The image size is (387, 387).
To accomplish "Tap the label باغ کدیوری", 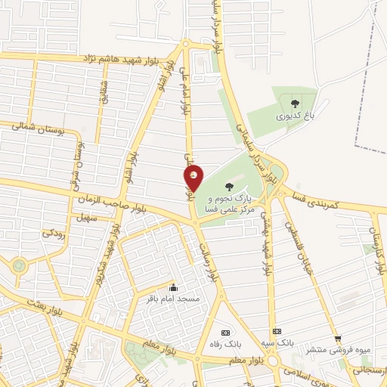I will point(294,116).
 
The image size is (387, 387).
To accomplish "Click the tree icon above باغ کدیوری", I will point(294,102).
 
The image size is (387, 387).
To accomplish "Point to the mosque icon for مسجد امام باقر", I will point(174,287).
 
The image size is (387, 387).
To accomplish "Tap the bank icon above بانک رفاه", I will point(224,333).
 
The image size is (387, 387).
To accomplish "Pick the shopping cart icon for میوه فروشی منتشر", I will point(338,339).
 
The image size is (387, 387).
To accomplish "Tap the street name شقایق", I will point(104,92).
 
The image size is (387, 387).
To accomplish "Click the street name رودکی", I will point(53,234).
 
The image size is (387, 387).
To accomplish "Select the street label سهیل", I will point(83,218).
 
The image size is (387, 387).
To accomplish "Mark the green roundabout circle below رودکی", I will point(18,265).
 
